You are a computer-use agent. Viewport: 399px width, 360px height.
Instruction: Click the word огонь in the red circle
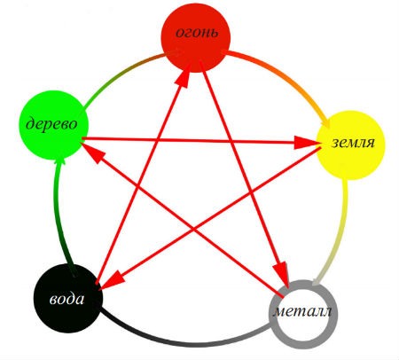[197, 32]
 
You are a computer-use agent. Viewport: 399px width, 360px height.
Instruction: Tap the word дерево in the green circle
[51, 123]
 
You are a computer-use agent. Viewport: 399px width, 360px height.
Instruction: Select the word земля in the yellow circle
[353, 143]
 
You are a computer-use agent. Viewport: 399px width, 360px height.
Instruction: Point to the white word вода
[66, 299]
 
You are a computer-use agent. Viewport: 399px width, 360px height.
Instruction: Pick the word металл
[302, 311]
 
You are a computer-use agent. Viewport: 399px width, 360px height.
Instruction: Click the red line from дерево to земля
[201, 141]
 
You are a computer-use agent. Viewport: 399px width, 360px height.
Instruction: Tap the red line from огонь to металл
[244, 174]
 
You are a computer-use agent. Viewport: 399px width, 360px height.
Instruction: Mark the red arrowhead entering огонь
[185, 77]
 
